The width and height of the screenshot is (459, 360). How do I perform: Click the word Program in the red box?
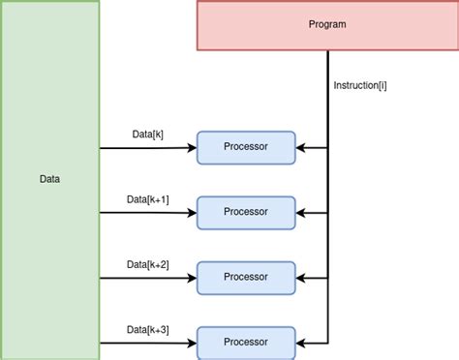click(x=326, y=24)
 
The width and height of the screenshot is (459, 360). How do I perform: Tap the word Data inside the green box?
click(x=49, y=179)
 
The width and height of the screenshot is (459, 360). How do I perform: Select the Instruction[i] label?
click(x=359, y=85)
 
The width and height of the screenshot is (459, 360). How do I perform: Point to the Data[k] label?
click(x=147, y=134)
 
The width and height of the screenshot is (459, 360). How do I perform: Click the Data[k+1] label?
click(x=147, y=198)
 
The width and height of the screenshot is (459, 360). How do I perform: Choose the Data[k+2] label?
click(x=147, y=263)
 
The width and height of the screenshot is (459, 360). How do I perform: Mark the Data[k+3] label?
click(x=147, y=329)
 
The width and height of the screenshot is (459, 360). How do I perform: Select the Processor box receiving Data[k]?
click(x=245, y=147)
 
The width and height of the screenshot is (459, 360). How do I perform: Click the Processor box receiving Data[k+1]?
click(x=245, y=212)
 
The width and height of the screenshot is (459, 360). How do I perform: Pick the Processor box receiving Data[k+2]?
click(x=245, y=277)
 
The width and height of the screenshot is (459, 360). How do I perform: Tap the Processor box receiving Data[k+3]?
click(x=245, y=342)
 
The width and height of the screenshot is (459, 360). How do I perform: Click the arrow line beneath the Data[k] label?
click(x=145, y=148)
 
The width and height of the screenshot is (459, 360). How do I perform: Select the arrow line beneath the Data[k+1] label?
click(x=145, y=213)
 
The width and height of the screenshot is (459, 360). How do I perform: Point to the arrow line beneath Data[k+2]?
click(x=145, y=278)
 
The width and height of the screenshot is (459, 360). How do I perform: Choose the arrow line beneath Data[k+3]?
click(x=145, y=343)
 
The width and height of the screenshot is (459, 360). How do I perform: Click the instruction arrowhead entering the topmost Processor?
click(x=300, y=148)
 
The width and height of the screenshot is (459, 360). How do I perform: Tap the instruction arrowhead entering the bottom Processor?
click(x=300, y=343)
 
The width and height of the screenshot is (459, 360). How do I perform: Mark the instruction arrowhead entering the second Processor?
click(x=300, y=213)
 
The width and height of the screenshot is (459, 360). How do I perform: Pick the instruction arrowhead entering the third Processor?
click(x=300, y=278)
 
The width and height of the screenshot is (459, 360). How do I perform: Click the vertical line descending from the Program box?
click(x=327, y=106)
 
